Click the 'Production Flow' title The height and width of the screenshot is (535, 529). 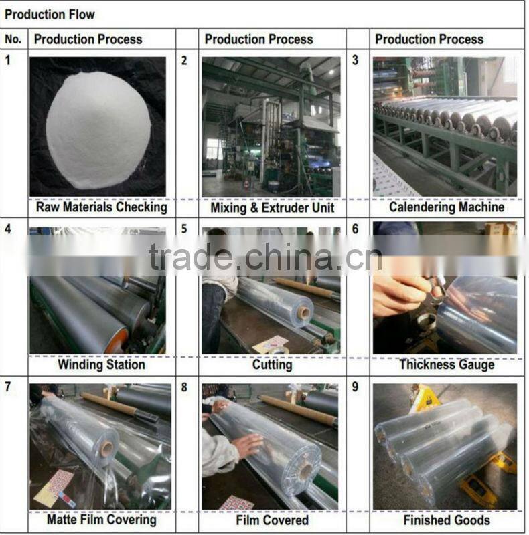tap(50, 14)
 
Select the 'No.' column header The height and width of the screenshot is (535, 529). tap(13, 39)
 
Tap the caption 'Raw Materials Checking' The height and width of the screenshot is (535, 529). tap(101, 207)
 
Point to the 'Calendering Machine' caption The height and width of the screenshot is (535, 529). tap(447, 207)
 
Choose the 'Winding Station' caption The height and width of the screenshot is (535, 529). tap(100, 365)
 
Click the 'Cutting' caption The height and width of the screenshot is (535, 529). tap(272, 365)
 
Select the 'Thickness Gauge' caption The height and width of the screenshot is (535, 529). tap(447, 365)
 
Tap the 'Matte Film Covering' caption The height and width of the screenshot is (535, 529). tap(101, 519)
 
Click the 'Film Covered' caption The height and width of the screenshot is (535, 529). tap(272, 520)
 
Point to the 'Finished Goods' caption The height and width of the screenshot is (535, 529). tap(447, 520)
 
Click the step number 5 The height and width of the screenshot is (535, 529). tap(184, 229)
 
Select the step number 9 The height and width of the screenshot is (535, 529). tap(355, 387)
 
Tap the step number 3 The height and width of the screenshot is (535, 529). tap(355, 60)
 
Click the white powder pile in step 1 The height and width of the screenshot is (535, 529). tap(98, 127)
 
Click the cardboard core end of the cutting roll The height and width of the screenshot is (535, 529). tap(304, 312)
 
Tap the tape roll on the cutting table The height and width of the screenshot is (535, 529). tap(279, 349)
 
